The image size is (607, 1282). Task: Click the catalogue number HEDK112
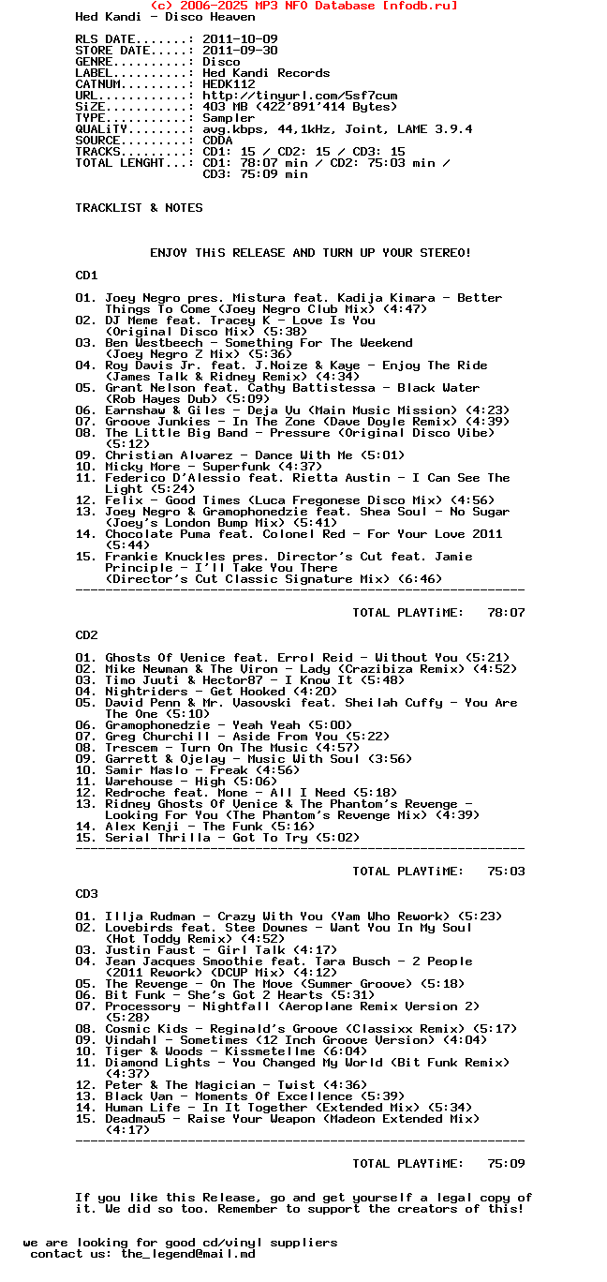point(229,84)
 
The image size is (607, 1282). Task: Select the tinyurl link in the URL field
point(300,96)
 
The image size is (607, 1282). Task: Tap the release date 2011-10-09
point(240,39)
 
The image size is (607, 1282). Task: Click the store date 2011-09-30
point(240,51)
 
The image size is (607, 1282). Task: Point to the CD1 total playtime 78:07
point(506,613)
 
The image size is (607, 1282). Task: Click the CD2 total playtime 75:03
point(506,872)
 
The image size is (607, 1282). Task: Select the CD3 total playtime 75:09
point(506,1164)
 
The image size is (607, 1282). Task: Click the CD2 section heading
point(86,635)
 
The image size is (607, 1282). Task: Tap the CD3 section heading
point(86,894)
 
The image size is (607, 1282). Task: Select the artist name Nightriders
point(146,692)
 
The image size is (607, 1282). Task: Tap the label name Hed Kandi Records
point(266,73)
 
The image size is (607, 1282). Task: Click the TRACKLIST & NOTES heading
point(139,208)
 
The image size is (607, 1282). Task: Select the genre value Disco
point(221,62)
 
